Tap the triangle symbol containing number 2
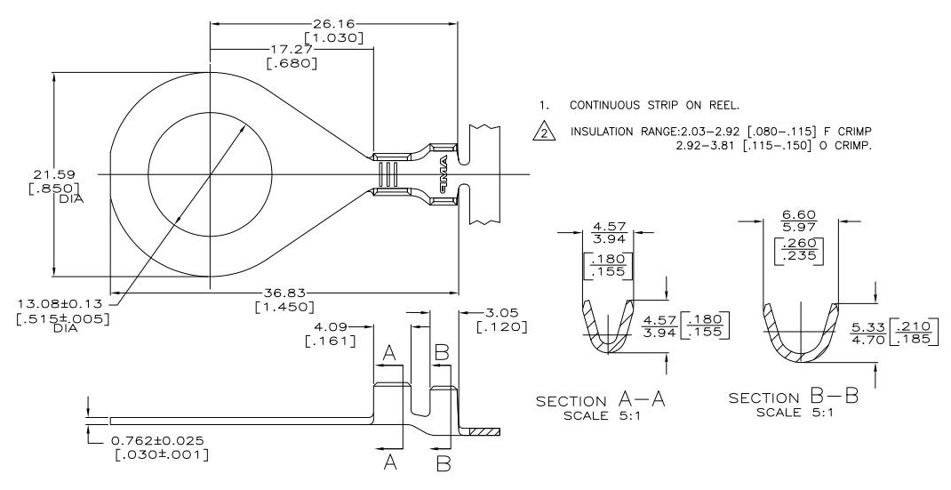[x=541, y=133]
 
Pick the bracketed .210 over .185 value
[x=919, y=333]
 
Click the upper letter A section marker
[x=388, y=354]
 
